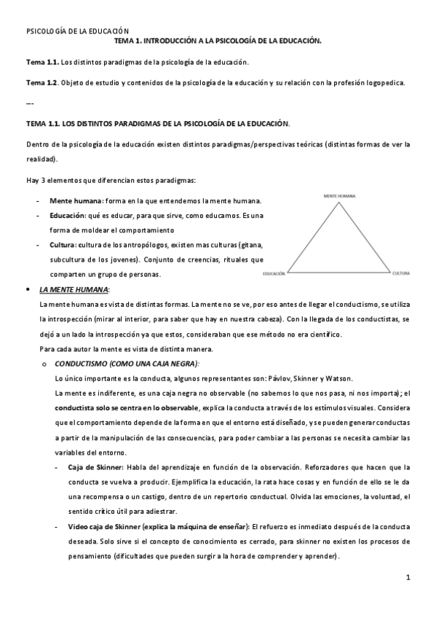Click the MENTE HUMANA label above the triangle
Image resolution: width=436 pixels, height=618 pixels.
(x=339, y=195)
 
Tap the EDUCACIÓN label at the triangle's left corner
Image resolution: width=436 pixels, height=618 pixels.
(x=273, y=273)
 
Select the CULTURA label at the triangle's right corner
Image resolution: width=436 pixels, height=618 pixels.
(x=401, y=273)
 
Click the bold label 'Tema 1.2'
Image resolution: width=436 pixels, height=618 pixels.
(x=41, y=83)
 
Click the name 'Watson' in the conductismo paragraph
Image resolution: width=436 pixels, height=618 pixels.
(x=337, y=378)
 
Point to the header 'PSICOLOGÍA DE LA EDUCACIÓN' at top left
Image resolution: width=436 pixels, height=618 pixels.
(x=77, y=31)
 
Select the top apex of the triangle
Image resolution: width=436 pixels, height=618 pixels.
(x=339, y=202)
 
